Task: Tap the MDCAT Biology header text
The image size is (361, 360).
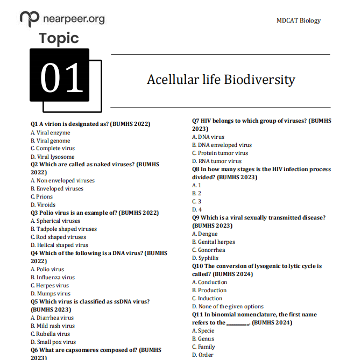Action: [x=298, y=20]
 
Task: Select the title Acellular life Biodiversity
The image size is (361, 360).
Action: [x=221, y=80]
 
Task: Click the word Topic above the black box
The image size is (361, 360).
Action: [x=59, y=39]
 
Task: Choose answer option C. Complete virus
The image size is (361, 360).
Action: [x=53, y=149]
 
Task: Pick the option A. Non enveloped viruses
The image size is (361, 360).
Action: [x=62, y=181]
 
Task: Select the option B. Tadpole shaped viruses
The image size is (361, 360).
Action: [x=63, y=229]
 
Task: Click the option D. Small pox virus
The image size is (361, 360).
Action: [x=53, y=342]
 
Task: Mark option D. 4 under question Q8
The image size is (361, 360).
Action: [x=197, y=209]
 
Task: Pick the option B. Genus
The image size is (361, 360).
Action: [x=203, y=338]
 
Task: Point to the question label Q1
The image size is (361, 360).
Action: [x=35, y=124]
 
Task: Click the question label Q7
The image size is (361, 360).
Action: [x=196, y=121]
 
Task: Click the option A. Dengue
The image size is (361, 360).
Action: [x=205, y=234]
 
